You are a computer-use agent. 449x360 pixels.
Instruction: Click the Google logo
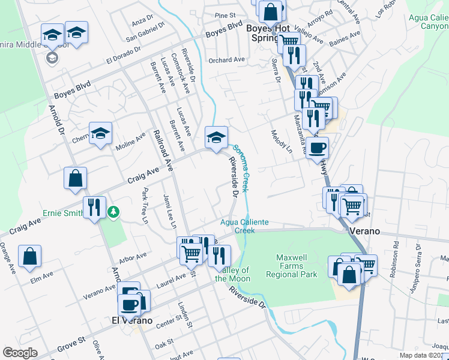tap(20, 352)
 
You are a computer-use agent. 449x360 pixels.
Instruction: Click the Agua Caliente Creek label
tap(244, 226)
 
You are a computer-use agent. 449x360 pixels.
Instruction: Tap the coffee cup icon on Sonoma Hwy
tap(317, 147)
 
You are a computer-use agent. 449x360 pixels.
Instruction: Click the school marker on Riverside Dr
tap(216, 137)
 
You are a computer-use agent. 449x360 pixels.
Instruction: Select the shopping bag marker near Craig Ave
tap(76, 178)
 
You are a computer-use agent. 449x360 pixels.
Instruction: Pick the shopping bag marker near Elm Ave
tap(29, 256)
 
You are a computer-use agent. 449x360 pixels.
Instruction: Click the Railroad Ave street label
tap(162, 151)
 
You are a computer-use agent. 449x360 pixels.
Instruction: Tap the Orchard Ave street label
tap(227, 60)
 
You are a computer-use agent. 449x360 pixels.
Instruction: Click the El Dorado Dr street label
tap(124, 56)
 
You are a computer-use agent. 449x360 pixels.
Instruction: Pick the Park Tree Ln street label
tap(145, 206)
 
